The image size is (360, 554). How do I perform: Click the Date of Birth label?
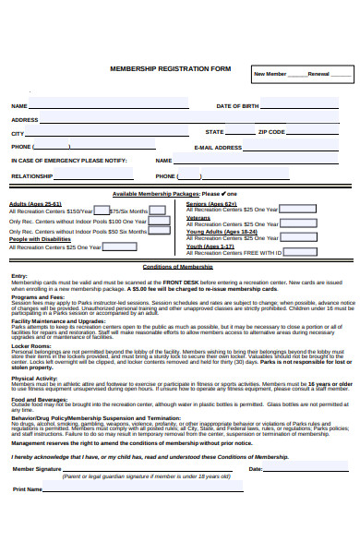237,106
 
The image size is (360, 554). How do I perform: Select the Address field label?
25,120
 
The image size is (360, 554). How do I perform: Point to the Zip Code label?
271,133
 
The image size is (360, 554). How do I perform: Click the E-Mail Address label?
218,147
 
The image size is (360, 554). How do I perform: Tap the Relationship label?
32,175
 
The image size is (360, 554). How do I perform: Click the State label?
214,133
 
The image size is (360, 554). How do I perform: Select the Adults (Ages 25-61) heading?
35,203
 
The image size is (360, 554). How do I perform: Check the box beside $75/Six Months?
160,211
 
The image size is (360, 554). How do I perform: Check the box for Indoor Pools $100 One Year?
159,222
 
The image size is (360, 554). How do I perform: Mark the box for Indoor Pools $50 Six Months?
159,233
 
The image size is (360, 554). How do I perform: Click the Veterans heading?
198,218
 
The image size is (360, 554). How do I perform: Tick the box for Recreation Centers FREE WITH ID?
290,252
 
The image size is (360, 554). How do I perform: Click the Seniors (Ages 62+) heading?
210,203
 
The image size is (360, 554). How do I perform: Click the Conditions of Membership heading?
178,267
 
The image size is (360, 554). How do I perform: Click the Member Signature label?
36,469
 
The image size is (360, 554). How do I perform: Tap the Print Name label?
28,489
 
